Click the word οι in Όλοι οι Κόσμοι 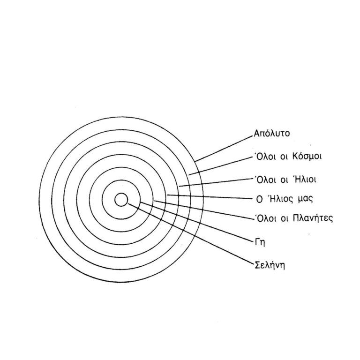(283, 156)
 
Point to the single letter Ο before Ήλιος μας (257, 199)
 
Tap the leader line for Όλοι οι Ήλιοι (216, 182)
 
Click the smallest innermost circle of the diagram (121, 200)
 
